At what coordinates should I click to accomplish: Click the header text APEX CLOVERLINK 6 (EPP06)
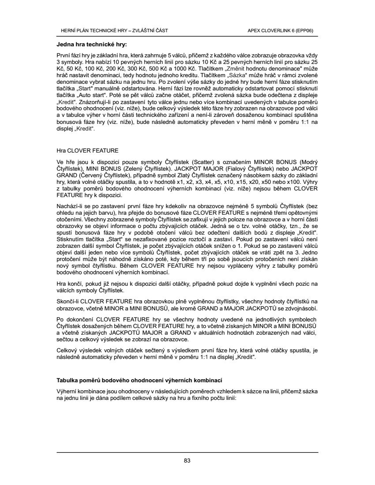pos(281,30)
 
